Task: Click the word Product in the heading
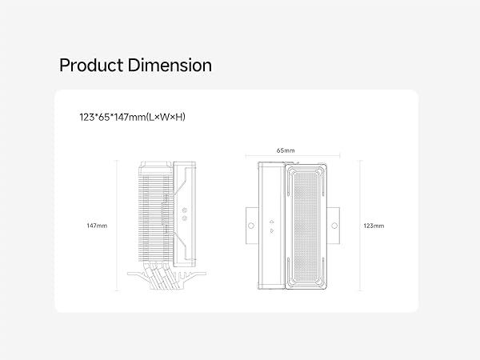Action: [91, 66]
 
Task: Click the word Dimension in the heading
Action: [170, 66]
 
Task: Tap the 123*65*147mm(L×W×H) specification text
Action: [132, 117]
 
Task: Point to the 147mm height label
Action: [97, 226]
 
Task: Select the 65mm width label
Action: [286, 150]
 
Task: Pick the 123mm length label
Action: [374, 226]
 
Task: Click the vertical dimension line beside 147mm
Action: [117, 226]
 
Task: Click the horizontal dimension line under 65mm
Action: [293, 156]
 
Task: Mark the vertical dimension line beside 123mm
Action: [360, 226]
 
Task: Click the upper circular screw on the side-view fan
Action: [184, 210]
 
